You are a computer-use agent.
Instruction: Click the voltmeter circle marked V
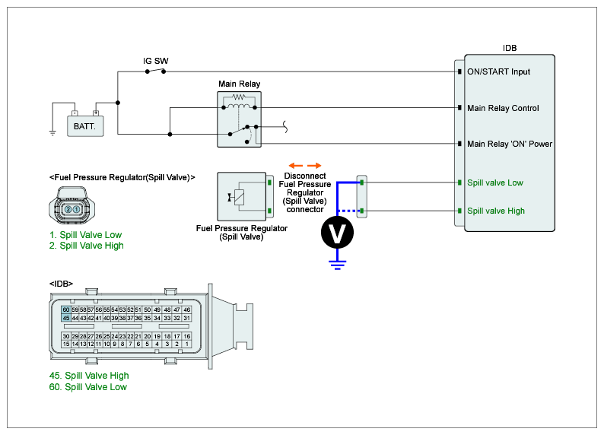pyautogui.click(x=335, y=233)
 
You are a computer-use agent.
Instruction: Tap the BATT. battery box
pyautogui.click(x=84, y=125)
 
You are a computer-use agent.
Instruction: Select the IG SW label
pyautogui.click(x=156, y=60)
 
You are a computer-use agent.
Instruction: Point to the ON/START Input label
pyautogui.click(x=498, y=72)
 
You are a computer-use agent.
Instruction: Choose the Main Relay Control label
pyautogui.click(x=503, y=108)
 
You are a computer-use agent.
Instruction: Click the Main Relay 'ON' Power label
pyautogui.click(x=509, y=144)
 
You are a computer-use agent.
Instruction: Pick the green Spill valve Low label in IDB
pyautogui.click(x=495, y=183)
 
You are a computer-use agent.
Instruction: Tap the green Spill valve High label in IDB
pyautogui.click(x=496, y=211)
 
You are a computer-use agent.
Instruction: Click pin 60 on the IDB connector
pyautogui.click(x=66, y=310)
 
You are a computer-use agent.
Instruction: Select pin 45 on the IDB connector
pyautogui.click(x=66, y=318)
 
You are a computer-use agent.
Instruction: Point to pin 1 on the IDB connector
pyautogui.click(x=186, y=345)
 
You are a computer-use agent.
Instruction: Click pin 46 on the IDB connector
pyautogui.click(x=186, y=310)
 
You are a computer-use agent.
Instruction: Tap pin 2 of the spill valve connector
pyautogui.click(x=68, y=209)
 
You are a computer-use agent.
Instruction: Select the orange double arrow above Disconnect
pyautogui.click(x=305, y=165)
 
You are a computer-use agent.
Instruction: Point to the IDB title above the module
pyautogui.click(x=510, y=47)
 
